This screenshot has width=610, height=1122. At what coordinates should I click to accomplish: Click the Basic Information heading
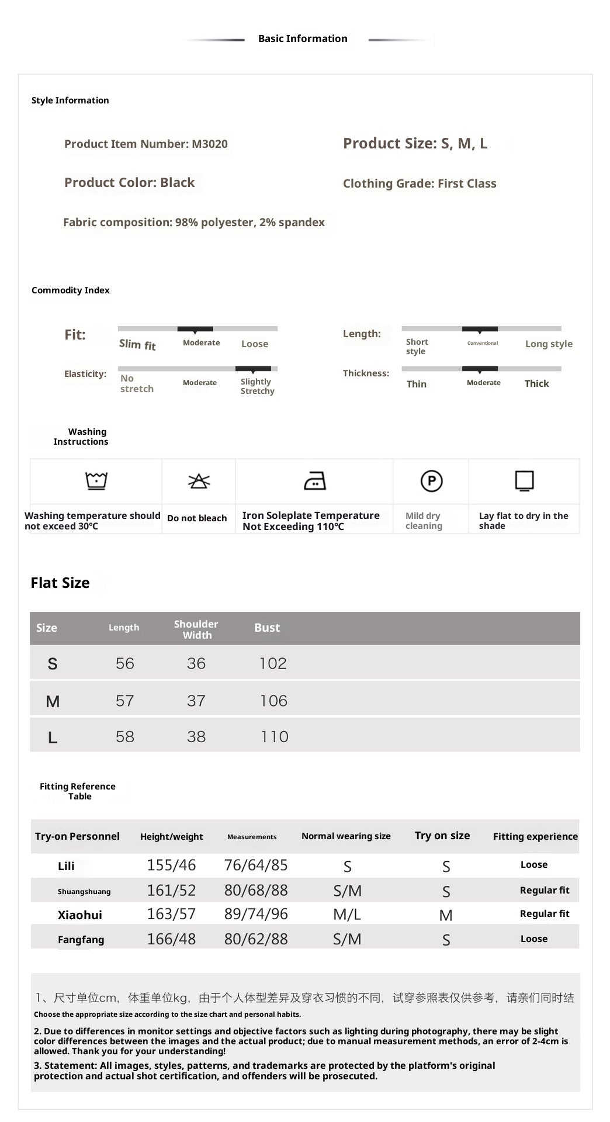(303, 39)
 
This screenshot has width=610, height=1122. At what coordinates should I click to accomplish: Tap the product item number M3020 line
(146, 144)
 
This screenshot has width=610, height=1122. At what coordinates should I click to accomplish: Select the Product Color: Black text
(129, 182)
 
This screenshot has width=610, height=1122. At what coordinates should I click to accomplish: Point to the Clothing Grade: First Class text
(420, 183)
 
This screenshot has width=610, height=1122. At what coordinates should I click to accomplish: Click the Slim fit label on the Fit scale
(137, 345)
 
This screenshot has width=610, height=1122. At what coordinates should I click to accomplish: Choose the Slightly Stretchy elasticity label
(257, 386)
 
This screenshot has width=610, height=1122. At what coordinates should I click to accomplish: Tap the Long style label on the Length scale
(549, 344)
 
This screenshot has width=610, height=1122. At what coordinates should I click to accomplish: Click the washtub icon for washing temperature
(96, 481)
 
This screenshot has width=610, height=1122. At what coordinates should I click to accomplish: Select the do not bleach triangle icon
(199, 481)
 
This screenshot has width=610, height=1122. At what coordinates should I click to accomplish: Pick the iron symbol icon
(315, 481)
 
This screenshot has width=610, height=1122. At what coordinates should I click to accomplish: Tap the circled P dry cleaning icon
(431, 481)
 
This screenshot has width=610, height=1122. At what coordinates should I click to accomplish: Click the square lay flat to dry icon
(524, 481)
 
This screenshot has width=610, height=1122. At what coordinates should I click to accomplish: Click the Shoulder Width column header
(196, 629)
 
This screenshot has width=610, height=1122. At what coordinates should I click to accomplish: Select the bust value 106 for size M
(273, 701)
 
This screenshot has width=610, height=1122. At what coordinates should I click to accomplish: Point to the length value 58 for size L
(124, 736)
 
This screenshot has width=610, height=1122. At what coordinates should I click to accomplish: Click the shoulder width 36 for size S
(196, 663)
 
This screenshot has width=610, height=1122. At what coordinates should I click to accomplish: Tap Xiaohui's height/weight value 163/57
(171, 914)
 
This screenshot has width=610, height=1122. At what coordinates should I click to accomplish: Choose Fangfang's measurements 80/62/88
(256, 939)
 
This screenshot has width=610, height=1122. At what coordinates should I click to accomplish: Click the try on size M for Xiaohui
(446, 915)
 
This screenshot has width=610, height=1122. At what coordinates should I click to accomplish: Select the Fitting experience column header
(535, 836)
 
